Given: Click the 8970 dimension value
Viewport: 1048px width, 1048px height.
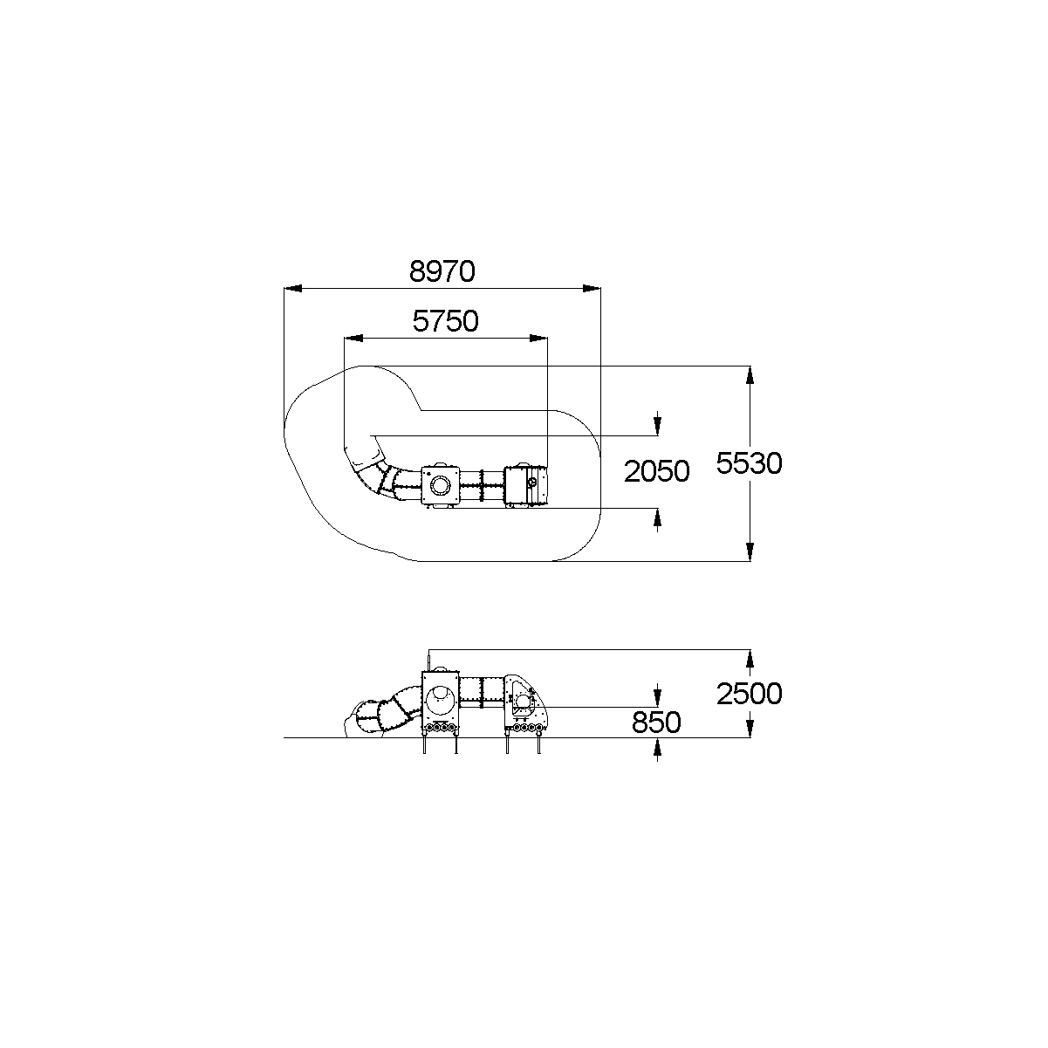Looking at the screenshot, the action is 442,272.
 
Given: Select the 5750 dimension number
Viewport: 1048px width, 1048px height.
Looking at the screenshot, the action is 445,321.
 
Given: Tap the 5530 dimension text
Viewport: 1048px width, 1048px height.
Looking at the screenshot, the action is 749,463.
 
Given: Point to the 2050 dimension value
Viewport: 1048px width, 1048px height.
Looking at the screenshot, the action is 656,471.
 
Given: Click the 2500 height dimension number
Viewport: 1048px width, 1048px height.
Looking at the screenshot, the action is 749,694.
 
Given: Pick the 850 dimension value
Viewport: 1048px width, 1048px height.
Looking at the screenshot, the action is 656,723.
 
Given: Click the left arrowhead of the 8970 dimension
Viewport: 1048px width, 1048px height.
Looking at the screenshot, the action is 292,288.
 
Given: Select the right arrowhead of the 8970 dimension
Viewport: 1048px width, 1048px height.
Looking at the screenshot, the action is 592,288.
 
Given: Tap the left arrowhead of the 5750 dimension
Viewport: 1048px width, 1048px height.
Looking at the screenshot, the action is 353,339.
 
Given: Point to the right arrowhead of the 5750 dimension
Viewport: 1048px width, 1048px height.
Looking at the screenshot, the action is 538,339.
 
